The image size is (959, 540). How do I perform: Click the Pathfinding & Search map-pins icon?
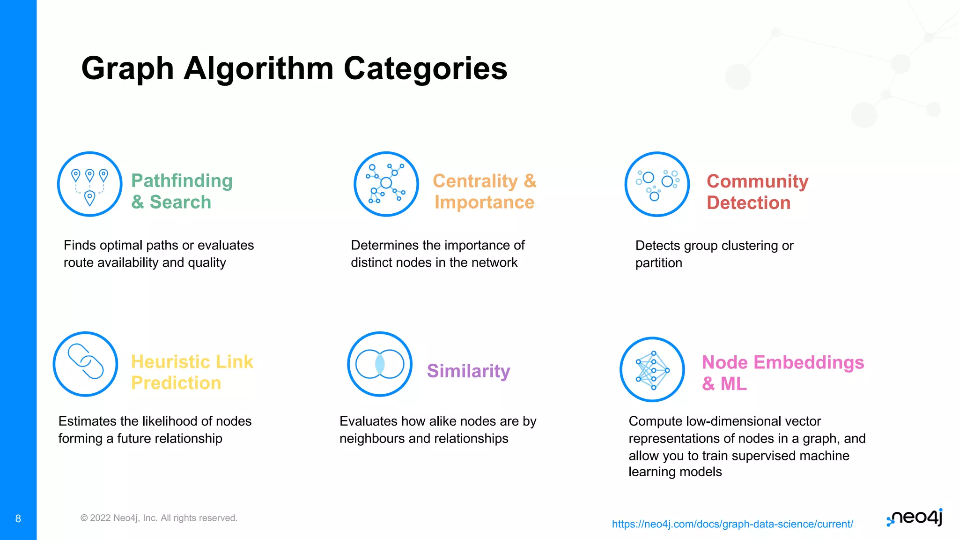click(x=89, y=184)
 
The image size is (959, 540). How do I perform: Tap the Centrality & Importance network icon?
click(x=386, y=184)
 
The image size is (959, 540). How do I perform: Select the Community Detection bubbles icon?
click(x=657, y=184)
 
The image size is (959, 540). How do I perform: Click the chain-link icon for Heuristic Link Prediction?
click(x=85, y=364)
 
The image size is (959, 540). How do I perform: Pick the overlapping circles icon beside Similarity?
click(x=380, y=364)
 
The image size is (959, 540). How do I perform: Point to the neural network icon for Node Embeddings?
click(x=652, y=369)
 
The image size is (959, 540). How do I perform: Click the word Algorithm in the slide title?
click(x=258, y=69)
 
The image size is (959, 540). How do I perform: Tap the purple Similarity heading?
click(x=468, y=371)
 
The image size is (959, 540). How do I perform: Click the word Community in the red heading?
click(x=757, y=181)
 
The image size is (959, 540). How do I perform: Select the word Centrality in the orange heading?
click(x=475, y=181)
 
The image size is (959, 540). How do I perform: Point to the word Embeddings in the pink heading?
click(x=809, y=362)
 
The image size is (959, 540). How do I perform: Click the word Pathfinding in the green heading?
click(x=182, y=181)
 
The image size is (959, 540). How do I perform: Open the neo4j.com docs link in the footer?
click(x=732, y=524)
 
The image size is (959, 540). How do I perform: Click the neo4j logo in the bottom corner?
click(x=915, y=517)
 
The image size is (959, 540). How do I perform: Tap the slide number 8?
click(x=18, y=518)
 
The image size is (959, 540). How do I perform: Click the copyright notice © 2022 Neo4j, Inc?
click(x=159, y=518)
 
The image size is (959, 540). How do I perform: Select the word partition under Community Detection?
click(x=658, y=263)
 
